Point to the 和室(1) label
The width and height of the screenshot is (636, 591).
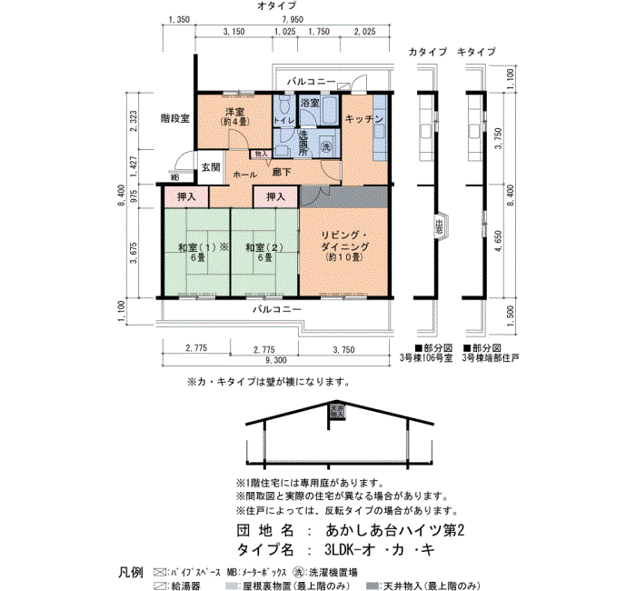coord(194,247)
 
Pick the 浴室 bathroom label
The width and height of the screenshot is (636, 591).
coord(310,104)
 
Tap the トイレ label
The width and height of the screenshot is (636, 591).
coord(283,120)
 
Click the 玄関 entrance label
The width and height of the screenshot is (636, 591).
coord(211,166)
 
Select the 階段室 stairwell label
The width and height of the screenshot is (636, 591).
coord(174,118)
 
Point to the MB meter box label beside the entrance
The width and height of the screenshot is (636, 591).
coord(174,178)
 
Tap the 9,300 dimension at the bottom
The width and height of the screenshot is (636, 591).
coord(274,361)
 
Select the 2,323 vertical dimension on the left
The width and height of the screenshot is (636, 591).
coord(134,122)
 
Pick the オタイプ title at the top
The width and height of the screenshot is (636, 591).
coord(276,5)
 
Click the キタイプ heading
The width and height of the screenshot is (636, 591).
coord(476,52)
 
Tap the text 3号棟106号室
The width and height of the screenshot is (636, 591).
coord(427,359)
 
